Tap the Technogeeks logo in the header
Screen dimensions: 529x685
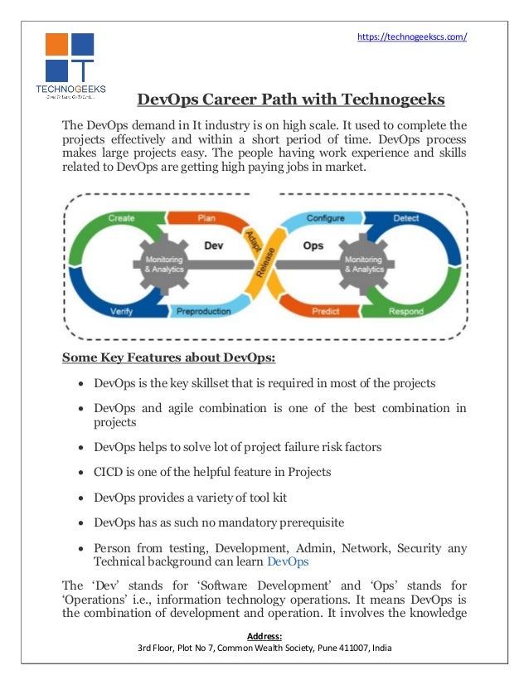[x=70, y=66]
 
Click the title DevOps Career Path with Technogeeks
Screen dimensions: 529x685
[x=291, y=100]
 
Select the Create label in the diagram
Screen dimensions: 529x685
[x=122, y=218]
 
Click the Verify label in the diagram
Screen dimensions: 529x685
[x=120, y=312]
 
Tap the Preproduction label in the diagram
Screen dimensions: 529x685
[x=205, y=312]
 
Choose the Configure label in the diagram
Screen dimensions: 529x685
[x=326, y=218]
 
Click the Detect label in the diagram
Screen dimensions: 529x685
[x=406, y=218]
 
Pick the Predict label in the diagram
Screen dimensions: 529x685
[x=325, y=312]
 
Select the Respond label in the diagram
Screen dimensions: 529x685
[x=407, y=312]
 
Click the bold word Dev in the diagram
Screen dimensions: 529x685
[x=212, y=245]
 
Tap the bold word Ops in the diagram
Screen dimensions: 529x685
[x=313, y=245]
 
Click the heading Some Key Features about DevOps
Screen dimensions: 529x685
[x=145, y=358]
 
